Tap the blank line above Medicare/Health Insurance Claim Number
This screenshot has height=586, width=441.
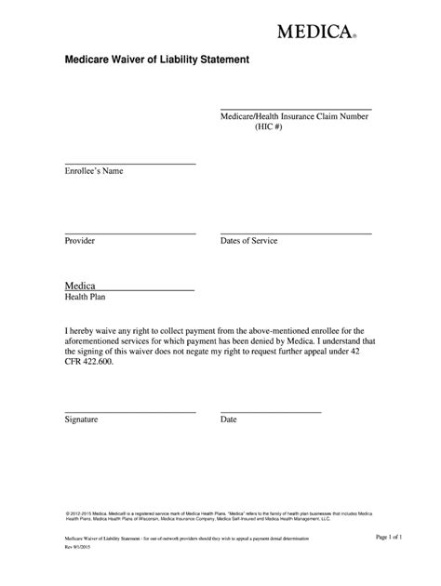[295, 110]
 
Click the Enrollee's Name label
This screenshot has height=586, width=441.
[94, 171]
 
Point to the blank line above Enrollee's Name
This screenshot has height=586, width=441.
[130, 164]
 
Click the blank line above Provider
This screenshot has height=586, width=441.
[130, 233]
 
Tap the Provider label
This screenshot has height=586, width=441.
[80, 241]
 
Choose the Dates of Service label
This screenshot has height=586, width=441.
[248, 241]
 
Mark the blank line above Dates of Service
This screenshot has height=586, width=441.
[295, 233]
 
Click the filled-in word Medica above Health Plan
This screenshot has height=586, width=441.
[81, 285]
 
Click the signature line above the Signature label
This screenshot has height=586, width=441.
[130, 412]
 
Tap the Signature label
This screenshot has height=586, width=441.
[82, 420]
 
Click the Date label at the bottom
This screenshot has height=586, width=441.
[229, 420]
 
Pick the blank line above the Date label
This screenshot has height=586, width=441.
[270, 412]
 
